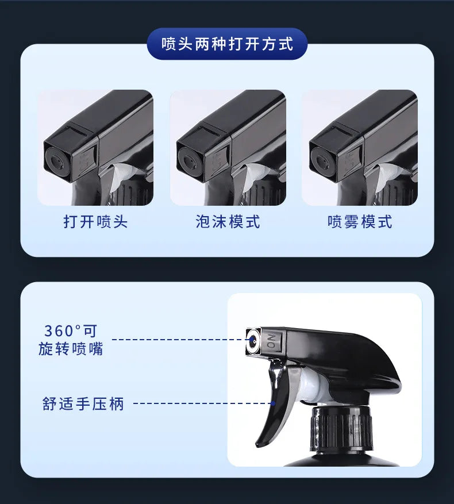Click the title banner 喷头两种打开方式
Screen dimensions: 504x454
tap(227, 44)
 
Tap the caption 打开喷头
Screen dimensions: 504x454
tap(95, 222)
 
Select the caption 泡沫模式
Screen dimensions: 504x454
tap(228, 222)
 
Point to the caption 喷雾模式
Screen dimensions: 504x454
tap(360, 222)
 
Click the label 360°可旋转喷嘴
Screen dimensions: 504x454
tap(71, 340)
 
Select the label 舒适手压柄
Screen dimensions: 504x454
tap(83, 403)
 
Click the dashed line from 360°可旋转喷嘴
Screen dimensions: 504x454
tap(178, 340)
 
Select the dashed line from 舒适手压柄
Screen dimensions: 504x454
tap(201, 403)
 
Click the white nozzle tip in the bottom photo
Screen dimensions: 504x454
tap(253, 341)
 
